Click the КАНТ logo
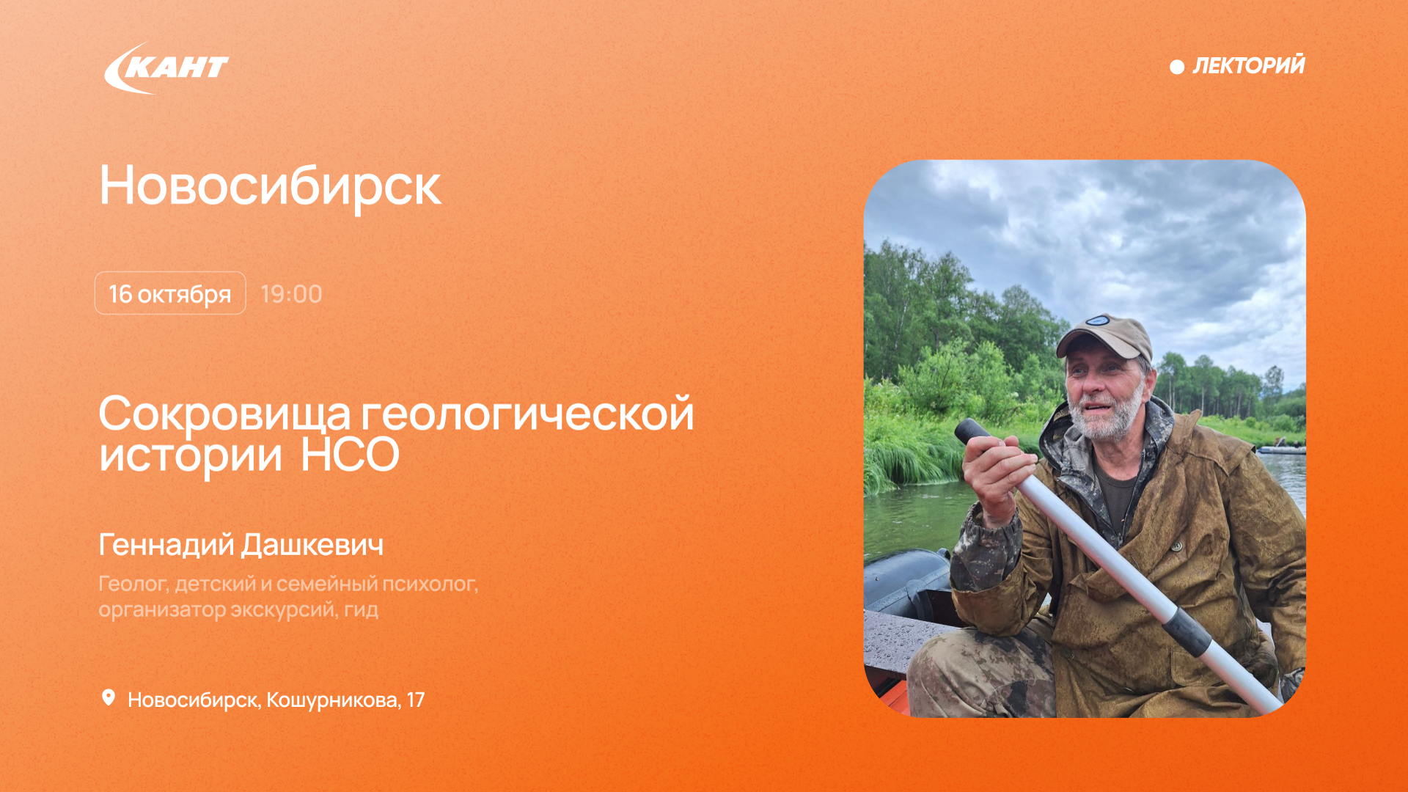[x=166, y=68]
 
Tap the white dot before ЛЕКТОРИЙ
[x=1177, y=67]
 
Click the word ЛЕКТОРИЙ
[x=1249, y=65]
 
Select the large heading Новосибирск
[x=270, y=186]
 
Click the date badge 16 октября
[x=170, y=293]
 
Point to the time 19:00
[x=291, y=294]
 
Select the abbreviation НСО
[x=350, y=455]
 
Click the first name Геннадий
[x=166, y=545]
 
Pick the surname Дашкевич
[x=312, y=545]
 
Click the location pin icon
[x=109, y=697]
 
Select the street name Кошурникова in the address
[x=333, y=700]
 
